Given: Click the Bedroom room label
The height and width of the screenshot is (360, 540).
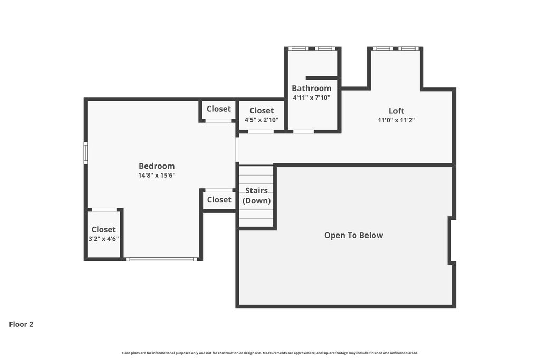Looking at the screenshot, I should [157, 166].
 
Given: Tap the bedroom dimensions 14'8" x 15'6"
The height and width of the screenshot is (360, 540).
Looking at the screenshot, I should [157, 176].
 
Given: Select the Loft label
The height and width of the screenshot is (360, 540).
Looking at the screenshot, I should [396, 111].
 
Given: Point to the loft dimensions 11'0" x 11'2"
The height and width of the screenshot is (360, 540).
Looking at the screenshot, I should [396, 120].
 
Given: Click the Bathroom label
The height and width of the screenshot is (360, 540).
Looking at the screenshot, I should [312, 89].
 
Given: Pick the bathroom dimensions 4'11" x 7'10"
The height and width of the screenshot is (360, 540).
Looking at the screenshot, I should [312, 98].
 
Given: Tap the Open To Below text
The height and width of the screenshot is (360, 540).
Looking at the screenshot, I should [353, 236].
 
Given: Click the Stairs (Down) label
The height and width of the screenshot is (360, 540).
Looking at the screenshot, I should [256, 196].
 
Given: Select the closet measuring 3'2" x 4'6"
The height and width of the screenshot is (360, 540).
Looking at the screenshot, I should [103, 234].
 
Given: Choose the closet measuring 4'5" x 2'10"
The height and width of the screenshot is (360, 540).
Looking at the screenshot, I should [262, 115].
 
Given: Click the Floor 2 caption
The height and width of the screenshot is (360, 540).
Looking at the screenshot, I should [21, 324].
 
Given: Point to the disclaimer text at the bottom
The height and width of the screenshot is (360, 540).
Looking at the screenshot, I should [269, 353].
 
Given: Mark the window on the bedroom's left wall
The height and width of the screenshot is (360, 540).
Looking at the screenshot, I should [85, 153].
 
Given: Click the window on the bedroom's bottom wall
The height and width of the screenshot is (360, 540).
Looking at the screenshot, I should [161, 259].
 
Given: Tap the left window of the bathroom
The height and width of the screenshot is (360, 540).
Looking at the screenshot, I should [298, 48].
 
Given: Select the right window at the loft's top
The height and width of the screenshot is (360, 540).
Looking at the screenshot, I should [408, 48].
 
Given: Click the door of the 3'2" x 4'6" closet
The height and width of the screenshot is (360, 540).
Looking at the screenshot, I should [104, 210].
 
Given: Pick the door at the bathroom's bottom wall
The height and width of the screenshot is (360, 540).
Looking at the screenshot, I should [303, 131].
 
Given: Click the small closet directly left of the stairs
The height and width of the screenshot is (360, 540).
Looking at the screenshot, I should [219, 200].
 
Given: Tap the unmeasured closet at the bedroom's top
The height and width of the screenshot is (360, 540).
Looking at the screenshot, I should [218, 109].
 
